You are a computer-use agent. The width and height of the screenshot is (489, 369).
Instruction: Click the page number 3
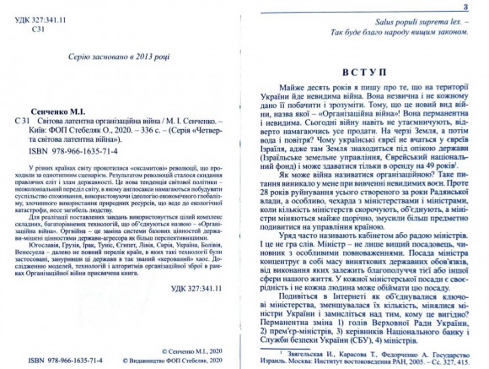pos(477,6)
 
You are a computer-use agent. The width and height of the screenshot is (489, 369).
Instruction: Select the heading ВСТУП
pos(366,73)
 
